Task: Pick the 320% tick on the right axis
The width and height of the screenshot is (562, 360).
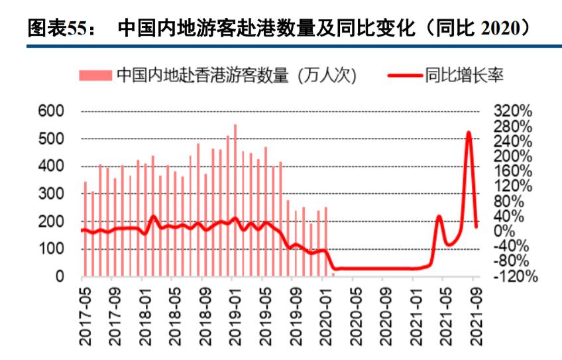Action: pos(512,111)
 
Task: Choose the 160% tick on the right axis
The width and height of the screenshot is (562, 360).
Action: pos(512,171)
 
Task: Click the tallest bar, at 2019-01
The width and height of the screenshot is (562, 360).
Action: pos(235,199)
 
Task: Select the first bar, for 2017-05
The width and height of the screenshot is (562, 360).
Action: pos(85,229)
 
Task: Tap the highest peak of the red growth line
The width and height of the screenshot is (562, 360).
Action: pos(469,133)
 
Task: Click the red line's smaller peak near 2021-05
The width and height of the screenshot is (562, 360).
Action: pos(439,217)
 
